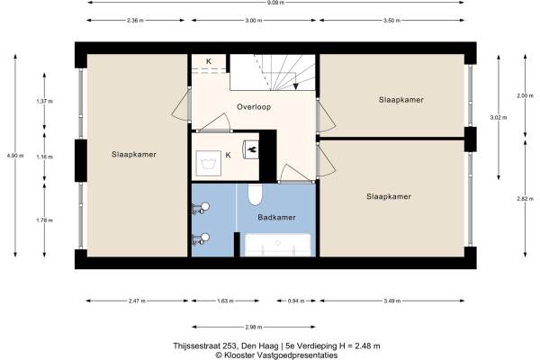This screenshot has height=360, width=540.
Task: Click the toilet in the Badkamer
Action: click(256, 194)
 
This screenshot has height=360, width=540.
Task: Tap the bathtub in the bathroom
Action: click(277, 245)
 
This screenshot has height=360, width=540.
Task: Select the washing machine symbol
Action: click(209, 163)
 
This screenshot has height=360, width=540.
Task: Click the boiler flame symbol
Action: click(251, 149)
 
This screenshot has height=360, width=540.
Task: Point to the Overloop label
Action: click(254, 107)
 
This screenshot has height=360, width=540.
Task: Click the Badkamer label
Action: click(277, 218)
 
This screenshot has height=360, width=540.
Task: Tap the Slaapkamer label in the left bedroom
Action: click(134, 154)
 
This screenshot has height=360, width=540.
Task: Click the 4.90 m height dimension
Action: click(15, 156)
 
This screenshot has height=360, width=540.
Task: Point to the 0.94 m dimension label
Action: click(296, 301)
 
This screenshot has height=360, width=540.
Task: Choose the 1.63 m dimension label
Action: click(225, 301)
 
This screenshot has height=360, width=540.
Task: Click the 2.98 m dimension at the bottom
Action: click(254, 327)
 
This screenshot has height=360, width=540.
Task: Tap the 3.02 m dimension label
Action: click(499, 118)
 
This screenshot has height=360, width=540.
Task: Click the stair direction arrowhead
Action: click(296, 86)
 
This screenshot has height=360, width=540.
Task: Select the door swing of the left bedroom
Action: click(181, 103)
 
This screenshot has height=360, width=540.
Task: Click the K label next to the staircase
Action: click(209, 61)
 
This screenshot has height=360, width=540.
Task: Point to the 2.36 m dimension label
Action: click(135, 21)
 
